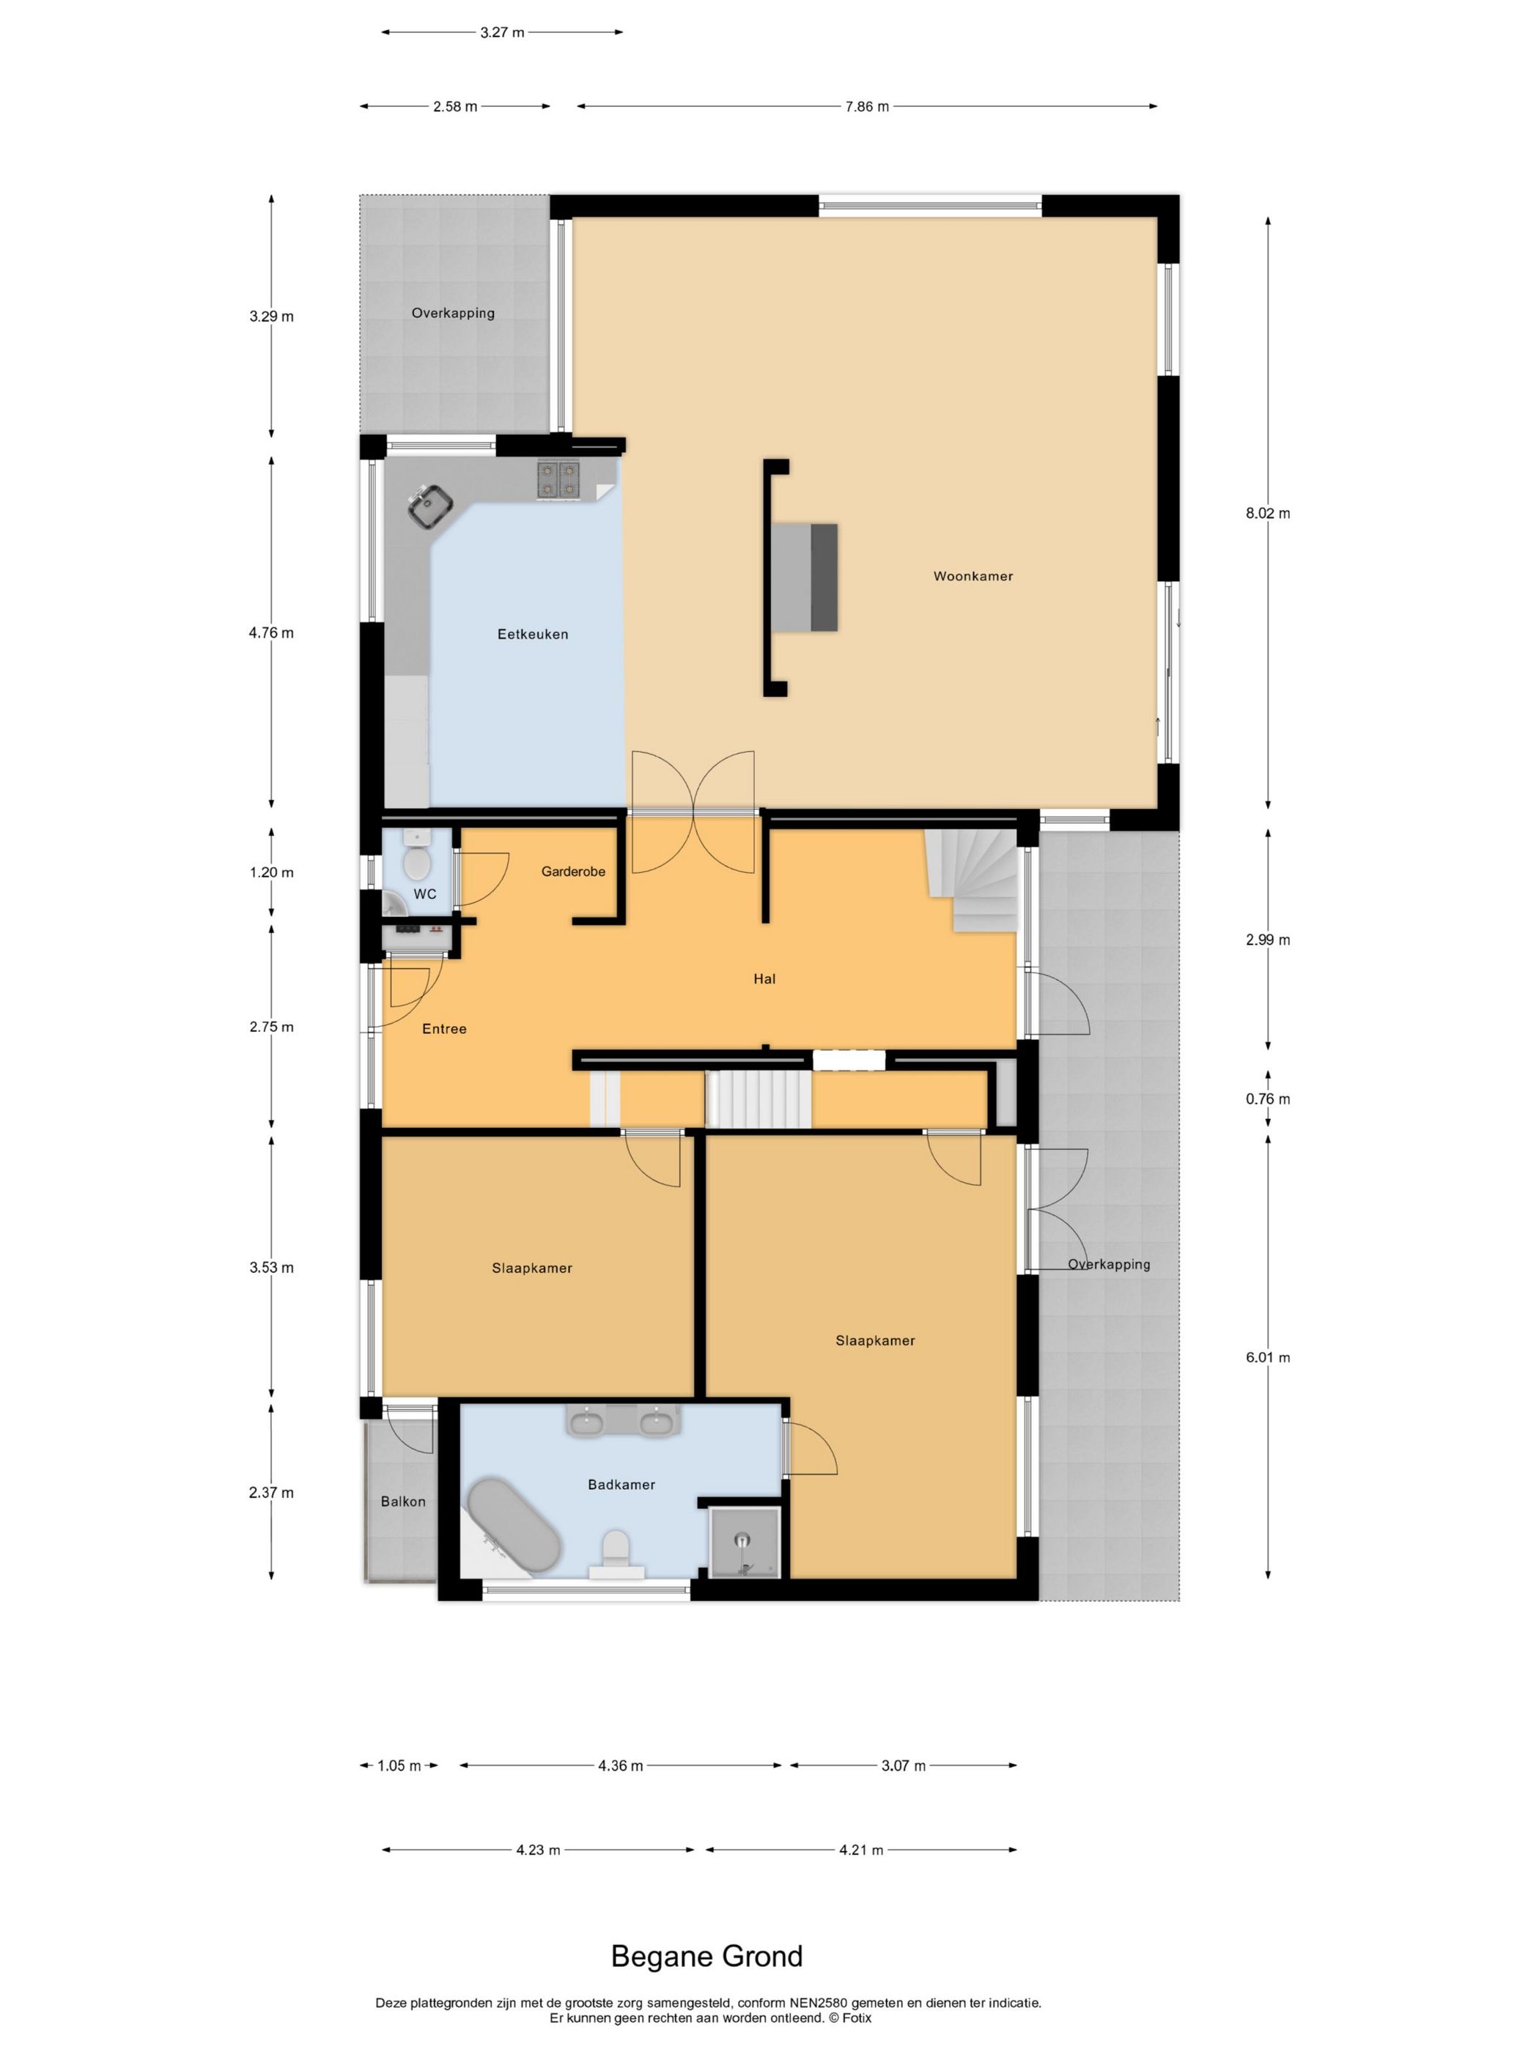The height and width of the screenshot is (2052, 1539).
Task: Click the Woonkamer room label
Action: click(973, 576)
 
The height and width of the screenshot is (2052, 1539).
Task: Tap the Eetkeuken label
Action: click(533, 635)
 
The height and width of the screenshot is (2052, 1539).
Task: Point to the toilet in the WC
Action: click(418, 860)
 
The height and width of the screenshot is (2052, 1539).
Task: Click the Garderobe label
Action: click(573, 871)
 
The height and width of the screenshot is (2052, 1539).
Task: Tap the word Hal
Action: click(764, 978)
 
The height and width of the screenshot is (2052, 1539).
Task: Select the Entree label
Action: click(444, 1029)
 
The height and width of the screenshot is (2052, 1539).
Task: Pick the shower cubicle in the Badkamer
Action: click(744, 1542)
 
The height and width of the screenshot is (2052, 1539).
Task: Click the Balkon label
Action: click(404, 1501)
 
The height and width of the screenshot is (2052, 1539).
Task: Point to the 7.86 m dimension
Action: click(866, 107)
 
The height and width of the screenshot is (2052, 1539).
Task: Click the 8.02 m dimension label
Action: click(1267, 513)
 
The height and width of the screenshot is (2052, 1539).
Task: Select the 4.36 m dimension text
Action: click(621, 1765)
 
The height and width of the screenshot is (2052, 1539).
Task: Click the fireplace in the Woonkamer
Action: click(804, 577)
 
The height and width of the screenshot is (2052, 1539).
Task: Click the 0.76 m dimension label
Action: click(1267, 1099)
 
